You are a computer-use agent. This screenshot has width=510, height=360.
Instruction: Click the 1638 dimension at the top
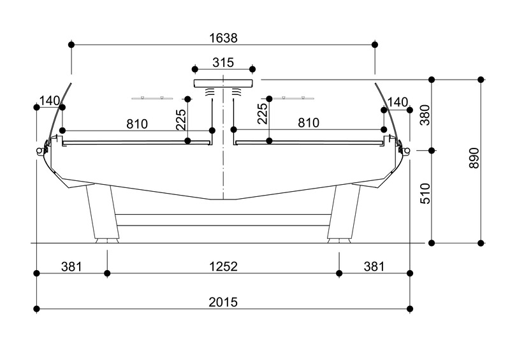coord(223,38)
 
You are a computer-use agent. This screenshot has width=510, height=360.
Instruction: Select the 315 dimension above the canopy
coord(223,62)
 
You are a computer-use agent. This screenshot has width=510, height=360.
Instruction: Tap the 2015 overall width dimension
coord(223,303)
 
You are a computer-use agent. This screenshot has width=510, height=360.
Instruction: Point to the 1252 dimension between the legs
coord(223,267)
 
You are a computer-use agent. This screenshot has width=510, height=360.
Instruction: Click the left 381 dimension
coord(71,267)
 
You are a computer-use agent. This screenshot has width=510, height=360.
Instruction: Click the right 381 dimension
coord(374,267)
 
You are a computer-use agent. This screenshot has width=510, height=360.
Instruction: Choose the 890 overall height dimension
coord(474,158)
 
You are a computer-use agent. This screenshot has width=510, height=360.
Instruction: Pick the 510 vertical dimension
coord(425,194)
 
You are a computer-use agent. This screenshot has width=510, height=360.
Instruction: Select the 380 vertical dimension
coord(425,115)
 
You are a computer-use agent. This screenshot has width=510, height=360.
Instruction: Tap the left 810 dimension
coord(137,124)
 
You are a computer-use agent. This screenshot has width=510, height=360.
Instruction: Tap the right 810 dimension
coord(309,123)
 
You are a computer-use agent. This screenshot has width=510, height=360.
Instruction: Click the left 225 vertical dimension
coord(181,119)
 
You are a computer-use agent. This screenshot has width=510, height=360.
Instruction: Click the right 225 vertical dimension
coord(263,114)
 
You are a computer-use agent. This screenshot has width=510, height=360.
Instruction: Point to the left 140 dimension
coord(50,101)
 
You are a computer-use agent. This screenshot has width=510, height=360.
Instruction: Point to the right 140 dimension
coord(397,102)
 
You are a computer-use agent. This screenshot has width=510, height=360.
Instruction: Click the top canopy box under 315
coord(223,83)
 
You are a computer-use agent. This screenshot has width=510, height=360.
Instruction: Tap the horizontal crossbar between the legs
coord(223,220)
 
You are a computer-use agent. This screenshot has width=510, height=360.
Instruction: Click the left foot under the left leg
coord(106,241)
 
